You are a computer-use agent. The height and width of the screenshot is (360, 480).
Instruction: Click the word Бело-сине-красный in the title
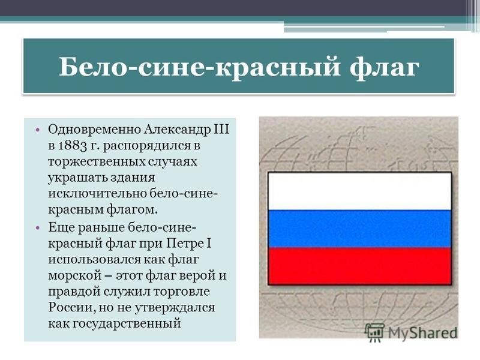tap(199, 67)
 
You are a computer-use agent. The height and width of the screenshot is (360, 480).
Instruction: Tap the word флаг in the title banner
tap(384, 68)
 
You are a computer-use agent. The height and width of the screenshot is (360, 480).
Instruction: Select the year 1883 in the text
tap(72, 145)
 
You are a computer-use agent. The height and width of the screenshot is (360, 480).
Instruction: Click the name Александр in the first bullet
tap(178, 129)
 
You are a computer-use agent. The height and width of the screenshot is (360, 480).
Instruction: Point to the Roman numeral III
tap(221, 129)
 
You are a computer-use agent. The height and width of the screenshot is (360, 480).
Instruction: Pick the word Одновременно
tap(95, 130)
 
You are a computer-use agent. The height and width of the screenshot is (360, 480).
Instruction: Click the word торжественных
tap(97, 161)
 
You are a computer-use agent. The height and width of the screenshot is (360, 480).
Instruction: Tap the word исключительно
tap(98, 193)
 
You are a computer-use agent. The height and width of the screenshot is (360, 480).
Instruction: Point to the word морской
tap(74, 275)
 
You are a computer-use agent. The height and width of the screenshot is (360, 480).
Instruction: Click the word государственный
tap(114, 324)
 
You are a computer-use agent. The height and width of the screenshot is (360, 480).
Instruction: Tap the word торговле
tap(182, 292)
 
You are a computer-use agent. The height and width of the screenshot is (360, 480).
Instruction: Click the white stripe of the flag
tap(359, 191)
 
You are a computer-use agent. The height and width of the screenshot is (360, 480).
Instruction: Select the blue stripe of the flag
tap(359, 229)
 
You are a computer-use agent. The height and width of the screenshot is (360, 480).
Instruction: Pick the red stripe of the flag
tap(359, 266)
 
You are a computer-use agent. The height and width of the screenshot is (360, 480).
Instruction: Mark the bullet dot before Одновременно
tap(37, 130)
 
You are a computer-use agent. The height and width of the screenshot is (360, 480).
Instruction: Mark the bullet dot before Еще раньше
tap(37, 228)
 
